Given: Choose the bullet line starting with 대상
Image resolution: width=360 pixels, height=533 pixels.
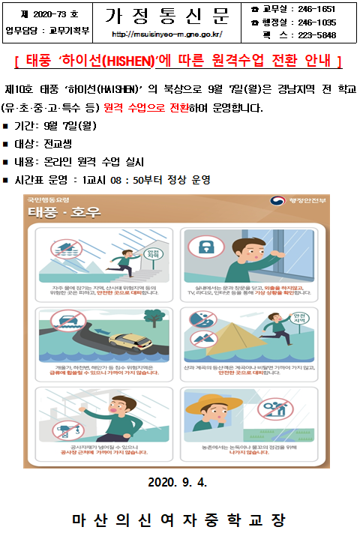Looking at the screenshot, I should click(x=45, y=143).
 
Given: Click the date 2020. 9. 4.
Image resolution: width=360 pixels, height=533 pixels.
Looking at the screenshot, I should click(x=179, y=481).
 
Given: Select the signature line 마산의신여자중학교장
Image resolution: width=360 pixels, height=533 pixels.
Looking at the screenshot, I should click(x=179, y=519).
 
